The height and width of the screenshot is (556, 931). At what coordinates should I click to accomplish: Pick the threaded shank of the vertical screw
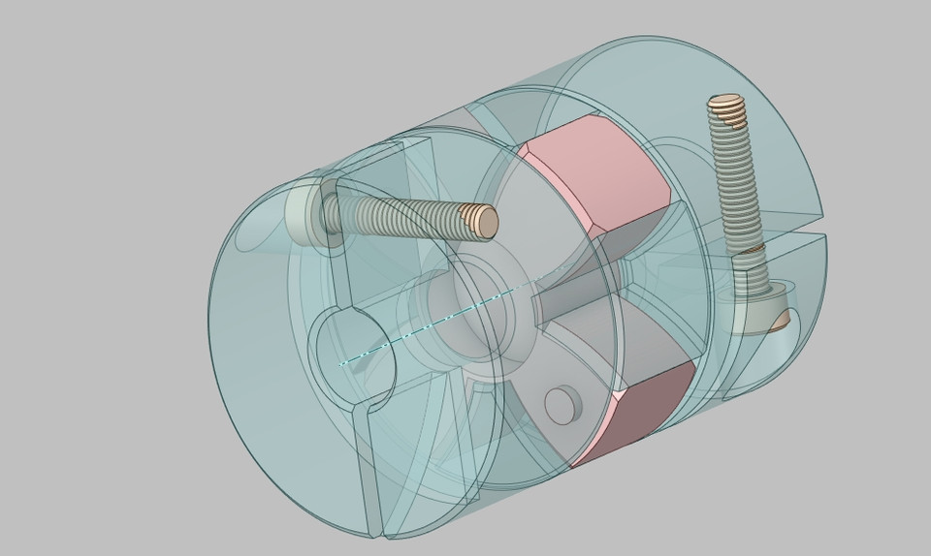point(737,184)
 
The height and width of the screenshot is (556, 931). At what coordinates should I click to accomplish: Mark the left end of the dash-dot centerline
point(341,364)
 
